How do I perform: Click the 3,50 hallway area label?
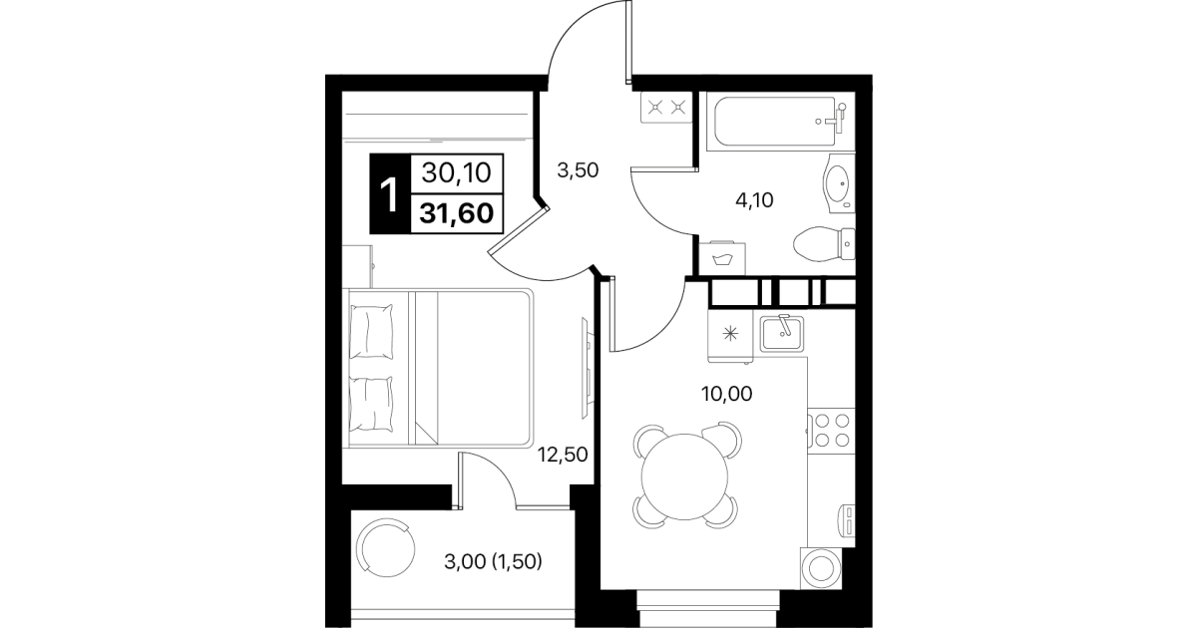coord(578,170)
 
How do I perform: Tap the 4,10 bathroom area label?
coord(755,200)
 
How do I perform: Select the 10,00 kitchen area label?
coord(726,394)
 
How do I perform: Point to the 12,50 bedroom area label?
coord(563,455)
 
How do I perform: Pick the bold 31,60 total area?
coord(456,213)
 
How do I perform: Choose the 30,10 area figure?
coord(456,173)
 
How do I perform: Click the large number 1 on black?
coord(390,194)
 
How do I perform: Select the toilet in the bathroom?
coord(824,244)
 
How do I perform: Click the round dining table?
coord(684,476)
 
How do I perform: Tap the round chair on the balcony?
coord(386,548)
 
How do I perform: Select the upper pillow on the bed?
coord(371,332)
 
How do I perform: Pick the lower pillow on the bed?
coord(371,404)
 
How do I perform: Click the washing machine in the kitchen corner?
coord(821,568)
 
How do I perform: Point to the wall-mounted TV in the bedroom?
coord(587,368)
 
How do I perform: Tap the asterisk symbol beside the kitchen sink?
coord(730,335)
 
